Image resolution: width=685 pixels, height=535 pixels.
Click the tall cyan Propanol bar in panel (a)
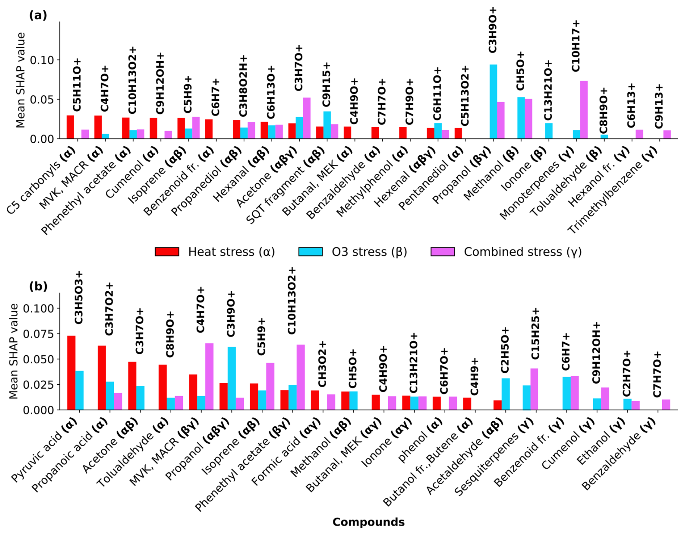(493, 102)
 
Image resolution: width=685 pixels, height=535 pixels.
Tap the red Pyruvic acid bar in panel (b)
(71, 373)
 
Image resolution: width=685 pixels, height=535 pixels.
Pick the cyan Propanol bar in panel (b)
(231, 378)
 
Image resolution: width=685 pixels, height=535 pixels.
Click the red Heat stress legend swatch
(167, 252)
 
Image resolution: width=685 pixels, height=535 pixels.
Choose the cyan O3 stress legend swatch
(310, 252)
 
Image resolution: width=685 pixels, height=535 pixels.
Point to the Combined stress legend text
(522, 252)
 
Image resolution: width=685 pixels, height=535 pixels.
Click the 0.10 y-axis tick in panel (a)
(42, 60)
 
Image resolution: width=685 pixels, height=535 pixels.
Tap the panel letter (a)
(38, 16)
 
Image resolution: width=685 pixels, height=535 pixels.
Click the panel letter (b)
(38, 287)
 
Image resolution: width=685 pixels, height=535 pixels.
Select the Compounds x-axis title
(368, 522)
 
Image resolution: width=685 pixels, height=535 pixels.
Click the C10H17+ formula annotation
(575, 46)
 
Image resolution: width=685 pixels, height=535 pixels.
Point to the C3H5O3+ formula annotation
(79, 297)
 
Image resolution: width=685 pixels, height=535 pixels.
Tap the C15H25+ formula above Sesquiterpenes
(535, 333)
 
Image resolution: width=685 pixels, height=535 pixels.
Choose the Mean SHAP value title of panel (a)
(21, 80)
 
